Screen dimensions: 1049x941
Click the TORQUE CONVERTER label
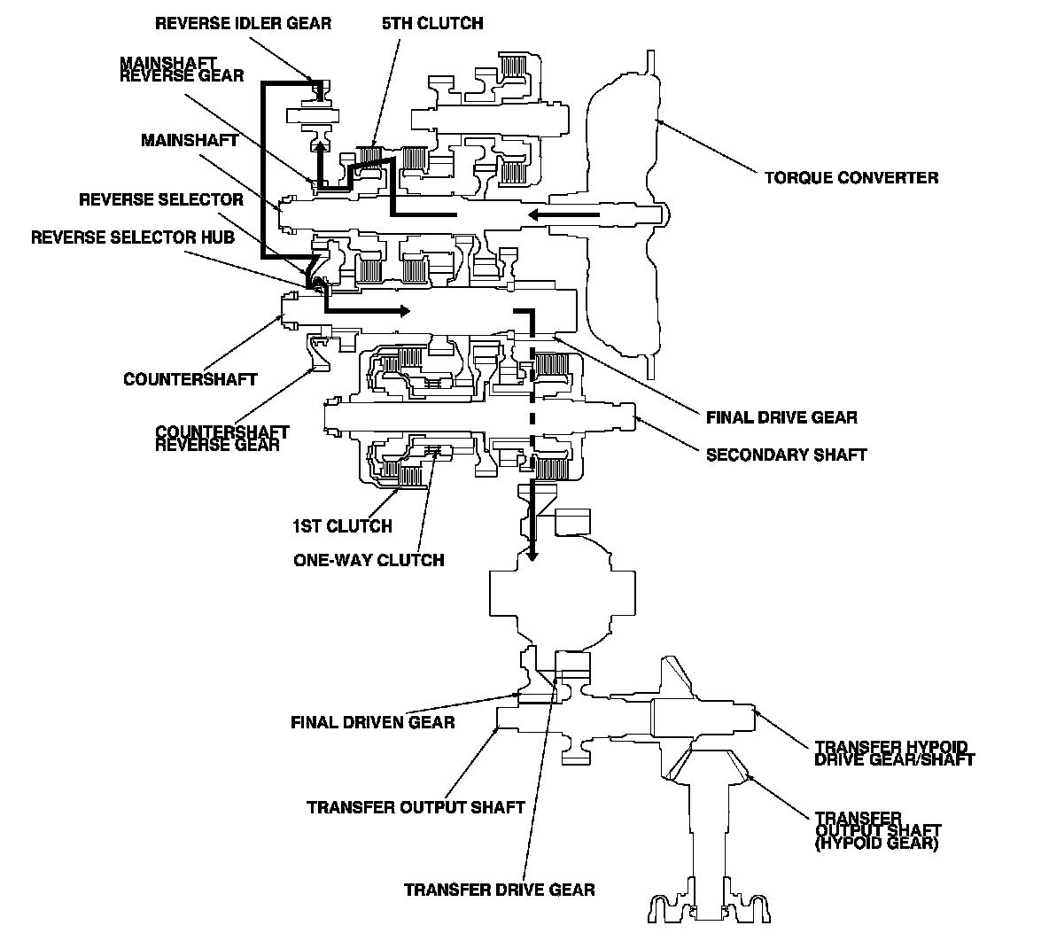(x=851, y=178)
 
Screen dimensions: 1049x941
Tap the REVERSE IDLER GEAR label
(x=243, y=23)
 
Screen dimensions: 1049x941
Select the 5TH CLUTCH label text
(x=432, y=23)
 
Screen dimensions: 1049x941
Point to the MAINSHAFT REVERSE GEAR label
(x=182, y=70)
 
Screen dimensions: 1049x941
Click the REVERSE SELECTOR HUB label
(x=133, y=237)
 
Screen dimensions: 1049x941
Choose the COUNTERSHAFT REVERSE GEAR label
(x=221, y=439)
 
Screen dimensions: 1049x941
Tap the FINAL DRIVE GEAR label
(x=781, y=417)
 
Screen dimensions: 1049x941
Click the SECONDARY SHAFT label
(x=786, y=455)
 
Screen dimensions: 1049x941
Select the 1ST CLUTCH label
(x=342, y=526)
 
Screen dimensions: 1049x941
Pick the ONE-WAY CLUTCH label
(x=369, y=560)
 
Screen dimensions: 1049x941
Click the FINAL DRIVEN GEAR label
(x=373, y=722)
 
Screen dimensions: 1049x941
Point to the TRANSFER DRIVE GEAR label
(x=499, y=890)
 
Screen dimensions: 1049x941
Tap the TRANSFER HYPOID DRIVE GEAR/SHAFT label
(x=894, y=754)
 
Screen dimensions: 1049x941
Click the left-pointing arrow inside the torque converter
(x=563, y=214)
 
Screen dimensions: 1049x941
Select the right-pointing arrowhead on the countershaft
(x=404, y=310)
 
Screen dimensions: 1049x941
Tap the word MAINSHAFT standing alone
(x=190, y=141)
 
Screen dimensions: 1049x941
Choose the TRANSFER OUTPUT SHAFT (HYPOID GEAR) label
(x=877, y=830)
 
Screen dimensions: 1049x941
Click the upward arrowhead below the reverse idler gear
(x=321, y=148)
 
